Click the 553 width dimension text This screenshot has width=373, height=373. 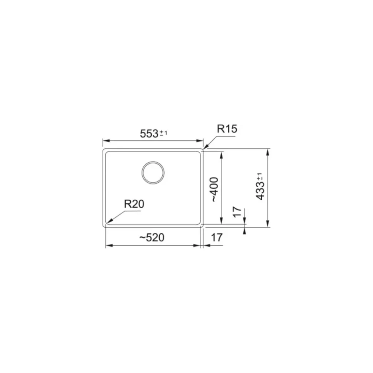click(149, 134)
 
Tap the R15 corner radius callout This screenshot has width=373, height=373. click(227, 129)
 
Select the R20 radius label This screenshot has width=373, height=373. click(134, 204)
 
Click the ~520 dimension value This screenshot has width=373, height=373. click(152, 237)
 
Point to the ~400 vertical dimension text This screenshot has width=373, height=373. click(215, 189)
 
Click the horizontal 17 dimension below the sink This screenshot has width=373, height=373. click(217, 237)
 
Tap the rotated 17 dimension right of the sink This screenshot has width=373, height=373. click(237, 212)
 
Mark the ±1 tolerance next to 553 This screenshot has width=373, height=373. click(163, 133)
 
